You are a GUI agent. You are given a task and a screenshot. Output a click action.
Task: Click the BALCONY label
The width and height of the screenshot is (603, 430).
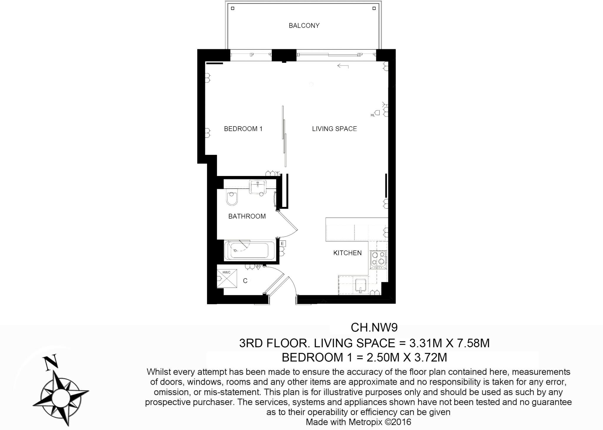click(304, 26)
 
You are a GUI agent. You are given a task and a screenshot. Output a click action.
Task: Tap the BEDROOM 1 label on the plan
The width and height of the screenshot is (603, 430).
click(243, 129)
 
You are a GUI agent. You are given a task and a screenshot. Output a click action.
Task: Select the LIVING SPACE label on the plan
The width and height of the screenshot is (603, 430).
click(334, 129)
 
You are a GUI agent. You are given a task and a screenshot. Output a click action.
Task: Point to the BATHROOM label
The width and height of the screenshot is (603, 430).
click(247, 216)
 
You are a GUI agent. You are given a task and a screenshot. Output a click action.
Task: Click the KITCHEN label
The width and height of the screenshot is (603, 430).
click(347, 253)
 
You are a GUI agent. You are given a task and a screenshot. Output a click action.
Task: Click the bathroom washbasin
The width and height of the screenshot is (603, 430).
click(258, 187)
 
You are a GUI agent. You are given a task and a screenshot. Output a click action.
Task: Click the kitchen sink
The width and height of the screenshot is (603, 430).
click(361, 285)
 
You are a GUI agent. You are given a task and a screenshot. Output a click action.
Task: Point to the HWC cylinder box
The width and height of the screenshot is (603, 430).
click(227, 278)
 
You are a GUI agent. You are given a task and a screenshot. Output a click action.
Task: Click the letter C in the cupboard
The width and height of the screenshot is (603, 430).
click(245, 281)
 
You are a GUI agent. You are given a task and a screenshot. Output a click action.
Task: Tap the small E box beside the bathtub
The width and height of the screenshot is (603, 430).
click(282, 243)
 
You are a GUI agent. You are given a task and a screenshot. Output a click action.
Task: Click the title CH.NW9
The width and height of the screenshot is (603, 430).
click(374, 327)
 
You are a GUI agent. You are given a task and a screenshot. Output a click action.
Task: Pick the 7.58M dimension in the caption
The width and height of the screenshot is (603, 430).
click(473, 343)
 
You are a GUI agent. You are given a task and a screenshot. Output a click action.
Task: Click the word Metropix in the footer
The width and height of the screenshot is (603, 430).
click(365, 422)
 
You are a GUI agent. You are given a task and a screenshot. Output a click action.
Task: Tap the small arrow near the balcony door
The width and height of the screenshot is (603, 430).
click(343, 66)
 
